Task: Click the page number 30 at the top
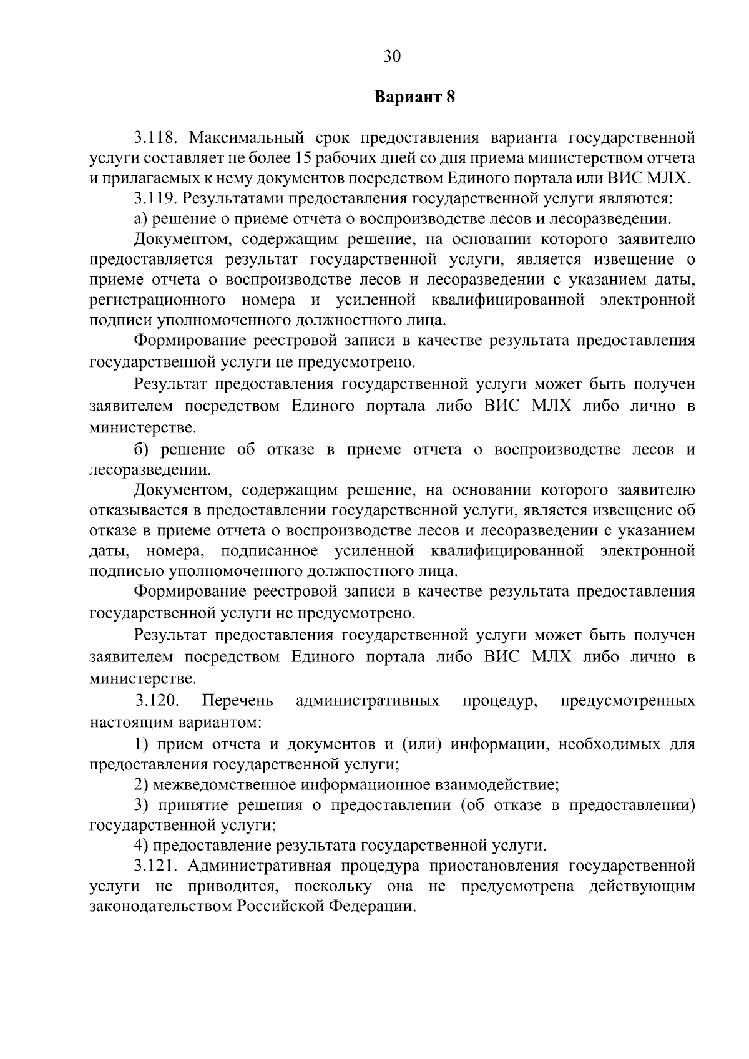[x=391, y=57]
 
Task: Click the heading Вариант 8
[x=414, y=97]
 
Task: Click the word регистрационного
[x=158, y=300]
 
